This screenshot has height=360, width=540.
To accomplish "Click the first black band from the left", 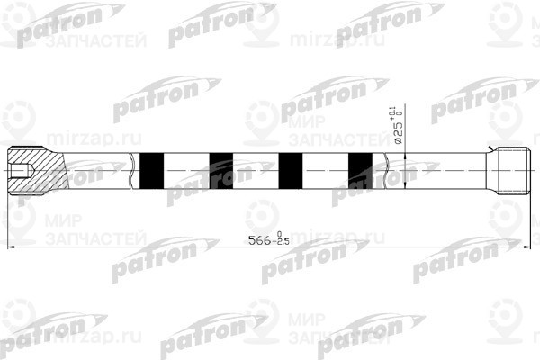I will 152,170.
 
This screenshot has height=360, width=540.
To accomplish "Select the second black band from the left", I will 220,170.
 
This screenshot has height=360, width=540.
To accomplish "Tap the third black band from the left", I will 290,170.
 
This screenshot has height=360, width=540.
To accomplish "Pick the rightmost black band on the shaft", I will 359,170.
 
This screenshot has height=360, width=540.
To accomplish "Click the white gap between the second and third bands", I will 256,170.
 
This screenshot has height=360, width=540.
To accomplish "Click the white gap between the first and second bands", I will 186,170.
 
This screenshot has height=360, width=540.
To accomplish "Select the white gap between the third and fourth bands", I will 325,170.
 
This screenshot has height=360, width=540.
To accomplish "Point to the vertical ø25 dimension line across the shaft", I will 405,171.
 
